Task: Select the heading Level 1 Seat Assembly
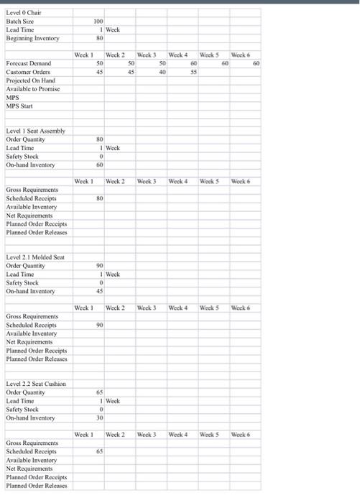point(36,131)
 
